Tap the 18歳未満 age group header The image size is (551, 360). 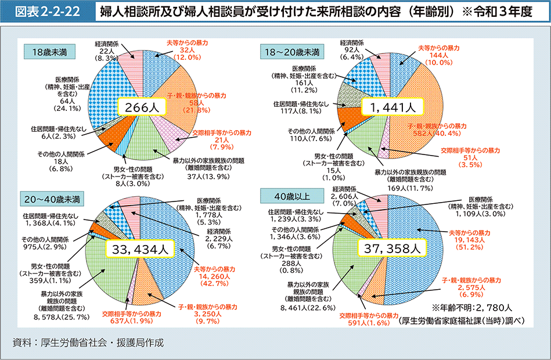47,52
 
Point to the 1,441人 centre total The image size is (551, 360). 388,106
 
